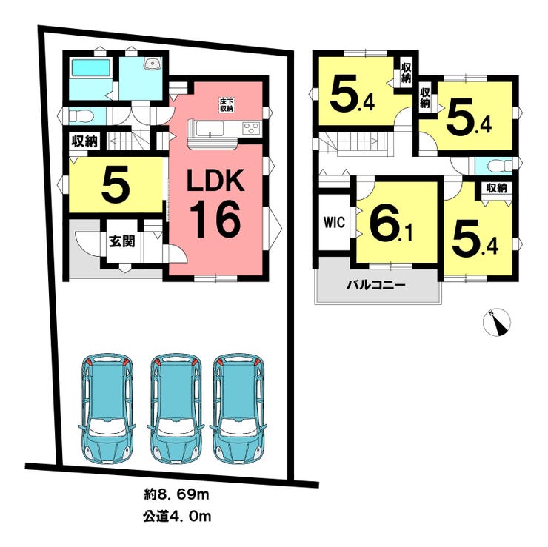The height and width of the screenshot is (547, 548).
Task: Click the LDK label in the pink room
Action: pos(215,182)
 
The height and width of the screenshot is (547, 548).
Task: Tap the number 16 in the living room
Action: pos(215,218)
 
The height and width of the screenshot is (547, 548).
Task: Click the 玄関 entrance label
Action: pos(122,241)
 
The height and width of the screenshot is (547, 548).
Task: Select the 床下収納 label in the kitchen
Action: pos(227,104)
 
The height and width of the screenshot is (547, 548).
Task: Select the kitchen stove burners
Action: pos(250,129)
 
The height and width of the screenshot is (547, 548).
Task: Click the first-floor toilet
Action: pos(80,116)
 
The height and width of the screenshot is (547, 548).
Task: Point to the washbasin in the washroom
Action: pos(153,64)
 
